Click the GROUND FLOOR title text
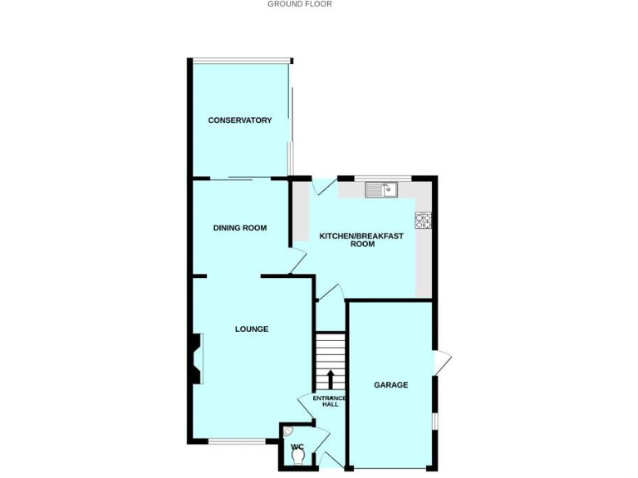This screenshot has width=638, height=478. click(299, 4)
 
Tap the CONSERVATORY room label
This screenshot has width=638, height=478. click(239, 120)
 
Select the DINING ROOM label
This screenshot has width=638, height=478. click(239, 227)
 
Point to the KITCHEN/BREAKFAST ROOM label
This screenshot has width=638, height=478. click(361, 240)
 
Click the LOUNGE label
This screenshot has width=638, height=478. click(251, 329)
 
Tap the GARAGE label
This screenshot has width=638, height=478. click(390, 384)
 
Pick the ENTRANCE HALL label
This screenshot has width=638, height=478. click(330, 402)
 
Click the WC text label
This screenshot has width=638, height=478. click(297, 447)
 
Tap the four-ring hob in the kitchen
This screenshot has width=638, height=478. click(423, 221)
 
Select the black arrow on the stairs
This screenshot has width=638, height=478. click(330, 378)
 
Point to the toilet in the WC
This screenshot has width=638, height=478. click(297, 457)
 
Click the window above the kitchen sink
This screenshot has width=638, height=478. click(383, 178)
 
